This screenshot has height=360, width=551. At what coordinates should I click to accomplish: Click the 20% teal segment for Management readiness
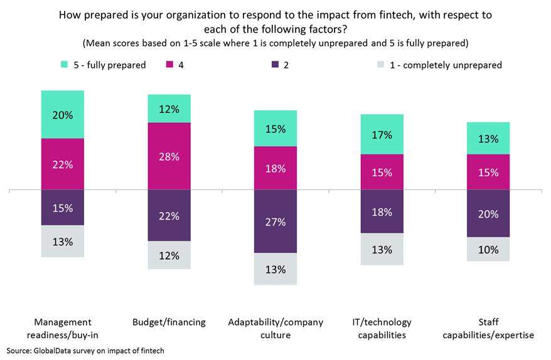[x=63, y=114]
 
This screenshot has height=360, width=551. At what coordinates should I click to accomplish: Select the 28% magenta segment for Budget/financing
[x=169, y=156]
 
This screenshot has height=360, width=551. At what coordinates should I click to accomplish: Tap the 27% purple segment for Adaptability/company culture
[x=275, y=221]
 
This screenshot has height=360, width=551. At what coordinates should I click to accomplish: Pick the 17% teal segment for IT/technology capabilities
[x=382, y=134]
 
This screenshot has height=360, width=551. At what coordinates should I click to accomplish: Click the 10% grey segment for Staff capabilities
[x=488, y=249]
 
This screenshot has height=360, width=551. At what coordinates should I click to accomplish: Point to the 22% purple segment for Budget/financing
[x=169, y=215]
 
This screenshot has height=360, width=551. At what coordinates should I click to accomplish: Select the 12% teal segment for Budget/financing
[x=169, y=109]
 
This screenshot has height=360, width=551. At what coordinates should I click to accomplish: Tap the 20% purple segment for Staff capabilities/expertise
[x=488, y=213]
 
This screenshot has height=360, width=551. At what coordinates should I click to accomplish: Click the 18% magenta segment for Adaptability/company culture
[x=275, y=168]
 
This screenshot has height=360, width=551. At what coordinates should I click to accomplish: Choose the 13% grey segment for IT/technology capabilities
[x=382, y=250]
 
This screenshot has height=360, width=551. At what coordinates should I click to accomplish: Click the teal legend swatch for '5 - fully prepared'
[x=64, y=65]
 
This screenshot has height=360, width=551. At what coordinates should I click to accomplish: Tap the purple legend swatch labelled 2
[x=274, y=65]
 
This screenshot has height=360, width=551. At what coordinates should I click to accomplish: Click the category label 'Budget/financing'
[x=169, y=322]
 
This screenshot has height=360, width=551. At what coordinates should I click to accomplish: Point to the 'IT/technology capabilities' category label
[x=382, y=328]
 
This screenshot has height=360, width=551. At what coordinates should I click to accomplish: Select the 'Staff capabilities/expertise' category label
[x=488, y=328]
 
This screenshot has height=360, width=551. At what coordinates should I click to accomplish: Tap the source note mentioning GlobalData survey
[x=85, y=351]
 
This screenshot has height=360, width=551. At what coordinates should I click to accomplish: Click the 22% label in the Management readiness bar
[x=63, y=164]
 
